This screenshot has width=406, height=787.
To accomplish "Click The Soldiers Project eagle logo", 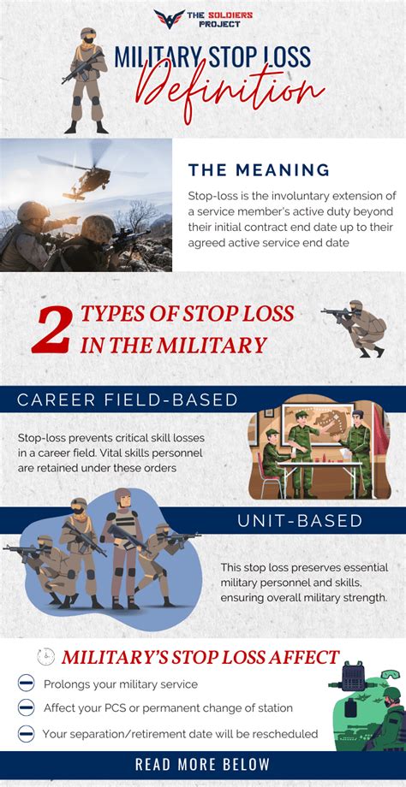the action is [170, 19].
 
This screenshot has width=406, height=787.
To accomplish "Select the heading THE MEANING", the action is [259, 169].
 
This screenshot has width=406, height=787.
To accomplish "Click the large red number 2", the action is [51, 332].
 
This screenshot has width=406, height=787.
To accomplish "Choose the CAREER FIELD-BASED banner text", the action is [127, 399].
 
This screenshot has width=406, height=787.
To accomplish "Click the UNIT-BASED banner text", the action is [300, 520].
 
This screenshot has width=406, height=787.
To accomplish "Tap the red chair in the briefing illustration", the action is [269, 476].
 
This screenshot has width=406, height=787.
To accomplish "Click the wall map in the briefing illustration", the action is [318, 426].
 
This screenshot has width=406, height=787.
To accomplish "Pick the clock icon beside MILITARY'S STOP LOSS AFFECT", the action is [45, 656].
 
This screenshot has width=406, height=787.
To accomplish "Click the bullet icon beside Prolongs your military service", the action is [26, 683].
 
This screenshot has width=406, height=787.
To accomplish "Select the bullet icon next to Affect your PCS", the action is [26, 707].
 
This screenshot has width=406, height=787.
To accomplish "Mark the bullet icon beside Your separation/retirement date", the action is [26, 733].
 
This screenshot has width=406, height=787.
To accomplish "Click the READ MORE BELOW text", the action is [202, 765].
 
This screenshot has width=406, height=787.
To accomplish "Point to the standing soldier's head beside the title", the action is [88, 35].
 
